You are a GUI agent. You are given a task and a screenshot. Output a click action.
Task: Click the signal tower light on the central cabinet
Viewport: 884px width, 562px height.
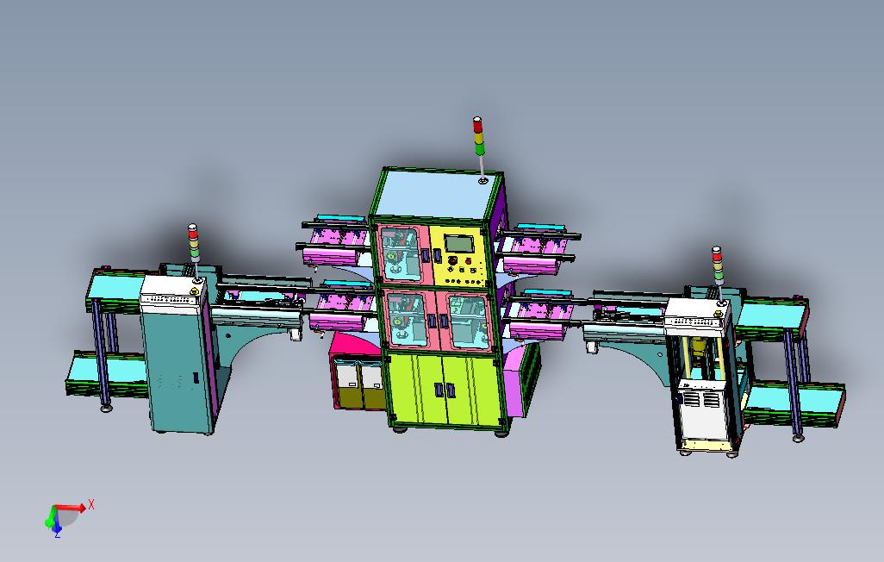point(479,135)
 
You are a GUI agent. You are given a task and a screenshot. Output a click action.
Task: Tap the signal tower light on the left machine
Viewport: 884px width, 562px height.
point(194,242)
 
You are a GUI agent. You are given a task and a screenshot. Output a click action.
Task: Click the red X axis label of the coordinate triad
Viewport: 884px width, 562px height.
point(90,504)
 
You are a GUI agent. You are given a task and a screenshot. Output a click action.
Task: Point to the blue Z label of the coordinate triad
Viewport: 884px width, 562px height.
point(57,534)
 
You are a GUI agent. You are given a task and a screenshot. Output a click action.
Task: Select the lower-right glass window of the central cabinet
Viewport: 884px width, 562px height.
point(465,321)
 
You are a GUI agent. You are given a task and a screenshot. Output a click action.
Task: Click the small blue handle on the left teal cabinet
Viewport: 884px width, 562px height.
point(196,378)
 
